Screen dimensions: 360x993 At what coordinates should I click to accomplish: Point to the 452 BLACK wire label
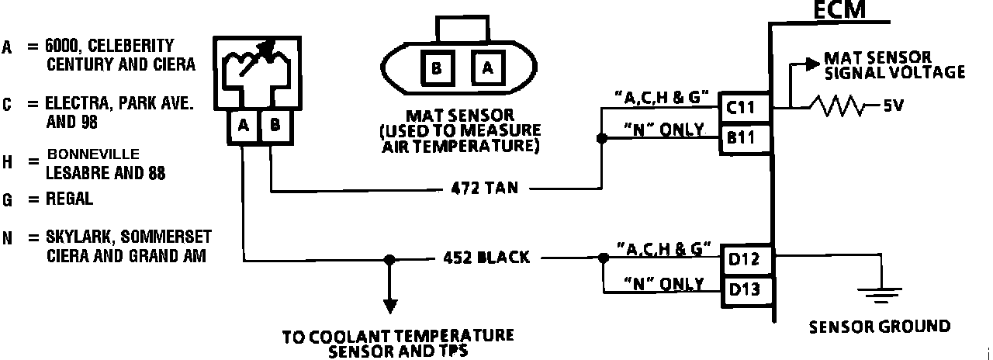pyautogui.click(x=487, y=258)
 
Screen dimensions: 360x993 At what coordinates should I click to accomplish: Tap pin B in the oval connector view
pyautogui.click(x=437, y=69)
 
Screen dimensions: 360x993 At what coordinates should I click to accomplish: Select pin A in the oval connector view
pyautogui.click(x=487, y=69)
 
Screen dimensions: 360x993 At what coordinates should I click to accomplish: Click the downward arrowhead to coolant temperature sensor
pyautogui.click(x=391, y=304)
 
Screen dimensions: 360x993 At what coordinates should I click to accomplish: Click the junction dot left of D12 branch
pyautogui.click(x=601, y=258)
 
